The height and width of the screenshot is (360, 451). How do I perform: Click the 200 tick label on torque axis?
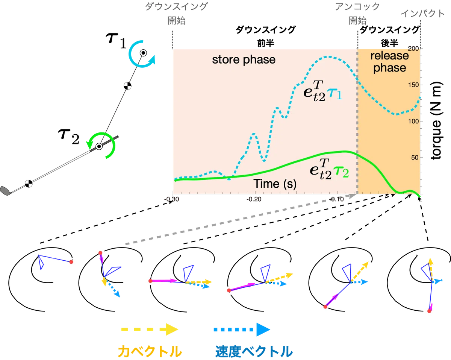(x=413, y=49)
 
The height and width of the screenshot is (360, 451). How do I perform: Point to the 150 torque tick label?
(x=413, y=85)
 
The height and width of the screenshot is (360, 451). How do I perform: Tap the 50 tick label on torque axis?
(x=415, y=158)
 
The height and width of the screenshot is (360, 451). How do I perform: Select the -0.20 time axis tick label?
(x=254, y=199)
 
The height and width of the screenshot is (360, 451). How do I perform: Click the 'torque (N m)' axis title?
(x=437, y=121)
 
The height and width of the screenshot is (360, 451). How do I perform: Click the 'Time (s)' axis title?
(x=275, y=184)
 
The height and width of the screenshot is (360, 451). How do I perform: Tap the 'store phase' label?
(x=244, y=59)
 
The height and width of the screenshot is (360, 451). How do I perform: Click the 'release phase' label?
(x=390, y=62)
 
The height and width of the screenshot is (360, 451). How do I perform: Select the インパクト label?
(x=423, y=14)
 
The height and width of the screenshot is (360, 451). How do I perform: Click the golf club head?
(x=5, y=191)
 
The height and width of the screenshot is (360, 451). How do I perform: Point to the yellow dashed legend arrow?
(x=150, y=330)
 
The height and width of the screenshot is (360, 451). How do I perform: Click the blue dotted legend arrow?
(x=242, y=330)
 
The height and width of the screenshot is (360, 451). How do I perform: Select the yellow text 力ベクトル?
(x=150, y=352)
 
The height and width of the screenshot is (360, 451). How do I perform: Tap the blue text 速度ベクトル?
(x=254, y=352)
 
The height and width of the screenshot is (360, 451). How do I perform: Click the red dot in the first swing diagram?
(x=71, y=262)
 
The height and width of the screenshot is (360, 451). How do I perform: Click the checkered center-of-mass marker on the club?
(x=29, y=184)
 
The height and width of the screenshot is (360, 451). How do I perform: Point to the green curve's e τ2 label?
(x=329, y=169)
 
